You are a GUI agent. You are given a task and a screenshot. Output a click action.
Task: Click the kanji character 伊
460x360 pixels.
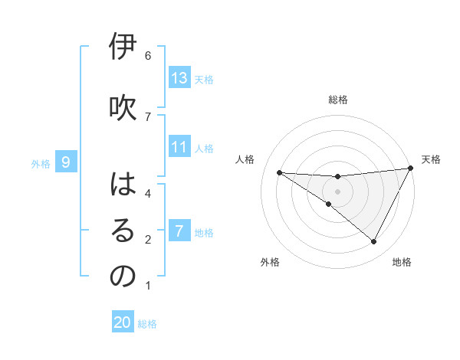tap(123, 47)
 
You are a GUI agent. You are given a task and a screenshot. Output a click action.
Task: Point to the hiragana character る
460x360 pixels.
tap(123, 231)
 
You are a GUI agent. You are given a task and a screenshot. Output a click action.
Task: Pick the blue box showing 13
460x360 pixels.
tap(179, 78)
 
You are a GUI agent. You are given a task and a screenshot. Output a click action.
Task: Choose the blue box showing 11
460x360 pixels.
tap(179, 148)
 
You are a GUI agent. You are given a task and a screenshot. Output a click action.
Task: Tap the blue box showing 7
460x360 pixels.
tap(179, 231)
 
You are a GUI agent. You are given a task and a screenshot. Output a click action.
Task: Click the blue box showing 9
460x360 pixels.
tap(66, 162)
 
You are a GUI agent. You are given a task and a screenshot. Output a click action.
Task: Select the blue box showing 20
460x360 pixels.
tap(123, 323)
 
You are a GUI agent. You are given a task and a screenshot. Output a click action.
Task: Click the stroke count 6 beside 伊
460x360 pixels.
tap(148, 56)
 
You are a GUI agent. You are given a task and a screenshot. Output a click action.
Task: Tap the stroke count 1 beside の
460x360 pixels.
tap(148, 286)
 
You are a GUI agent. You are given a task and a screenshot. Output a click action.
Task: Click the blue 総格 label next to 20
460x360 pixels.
tap(147, 324)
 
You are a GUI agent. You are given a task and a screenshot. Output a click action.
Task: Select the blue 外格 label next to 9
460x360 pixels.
tap(41, 163)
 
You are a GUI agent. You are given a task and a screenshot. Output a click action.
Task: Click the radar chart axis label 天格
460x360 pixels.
tap(431, 159)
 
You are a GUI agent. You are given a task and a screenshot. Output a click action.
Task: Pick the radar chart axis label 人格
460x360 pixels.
tap(245, 159)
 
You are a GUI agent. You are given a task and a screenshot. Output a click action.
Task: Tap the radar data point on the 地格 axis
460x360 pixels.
tap(374, 242)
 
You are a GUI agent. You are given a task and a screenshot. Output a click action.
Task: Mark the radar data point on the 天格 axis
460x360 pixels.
tap(411, 169)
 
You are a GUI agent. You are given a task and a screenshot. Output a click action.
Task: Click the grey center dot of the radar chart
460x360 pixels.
tap(337, 191)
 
